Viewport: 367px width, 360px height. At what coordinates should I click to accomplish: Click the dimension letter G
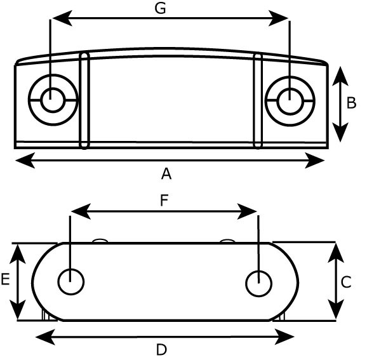pos(161,9)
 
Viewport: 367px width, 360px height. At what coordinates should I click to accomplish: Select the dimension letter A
pos(166,174)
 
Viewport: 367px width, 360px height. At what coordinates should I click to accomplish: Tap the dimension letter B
pos(351,103)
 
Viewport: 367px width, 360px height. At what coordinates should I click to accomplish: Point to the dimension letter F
pos(164,201)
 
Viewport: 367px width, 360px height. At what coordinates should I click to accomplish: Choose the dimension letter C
pos(346,282)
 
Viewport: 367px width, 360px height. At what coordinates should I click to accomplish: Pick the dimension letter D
pos(161,350)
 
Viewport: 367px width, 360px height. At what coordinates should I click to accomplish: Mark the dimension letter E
pos(5,279)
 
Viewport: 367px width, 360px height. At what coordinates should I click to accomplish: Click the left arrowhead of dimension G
pos(62,18)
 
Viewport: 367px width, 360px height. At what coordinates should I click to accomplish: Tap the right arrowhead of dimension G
pos(278,18)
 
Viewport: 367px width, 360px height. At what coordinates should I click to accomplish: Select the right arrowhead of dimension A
pos(315,161)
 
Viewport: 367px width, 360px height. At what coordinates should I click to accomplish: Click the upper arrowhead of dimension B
pos(340,76)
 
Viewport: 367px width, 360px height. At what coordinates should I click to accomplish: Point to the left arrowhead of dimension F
pos(81,211)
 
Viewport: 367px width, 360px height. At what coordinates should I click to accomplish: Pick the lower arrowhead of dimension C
pos(336,309)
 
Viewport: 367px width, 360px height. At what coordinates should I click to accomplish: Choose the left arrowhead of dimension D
pos(45,337)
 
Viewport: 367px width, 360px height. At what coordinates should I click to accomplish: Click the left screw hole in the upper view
pos(53,100)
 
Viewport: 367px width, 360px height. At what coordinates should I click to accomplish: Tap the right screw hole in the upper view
pos(290,101)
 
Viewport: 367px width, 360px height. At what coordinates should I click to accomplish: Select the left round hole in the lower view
pos(70,281)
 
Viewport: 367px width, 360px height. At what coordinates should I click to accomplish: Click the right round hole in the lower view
pos(259,283)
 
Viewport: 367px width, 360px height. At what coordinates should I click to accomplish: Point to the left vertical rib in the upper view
pos(84,101)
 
